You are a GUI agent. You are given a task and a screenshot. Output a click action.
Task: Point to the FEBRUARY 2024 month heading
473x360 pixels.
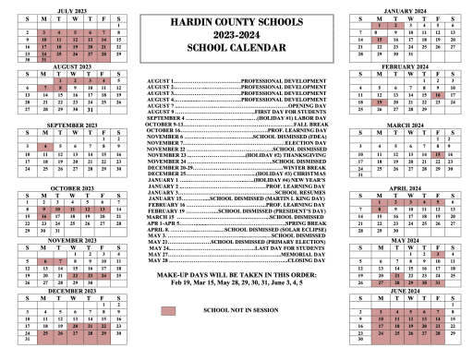(409, 66)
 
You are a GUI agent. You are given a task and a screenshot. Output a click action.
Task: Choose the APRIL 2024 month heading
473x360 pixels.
(409, 187)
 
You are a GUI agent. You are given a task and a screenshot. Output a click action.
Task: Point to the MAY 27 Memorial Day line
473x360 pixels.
(236, 255)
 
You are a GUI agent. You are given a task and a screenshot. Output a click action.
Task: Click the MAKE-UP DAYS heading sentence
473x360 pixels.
(236, 274)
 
